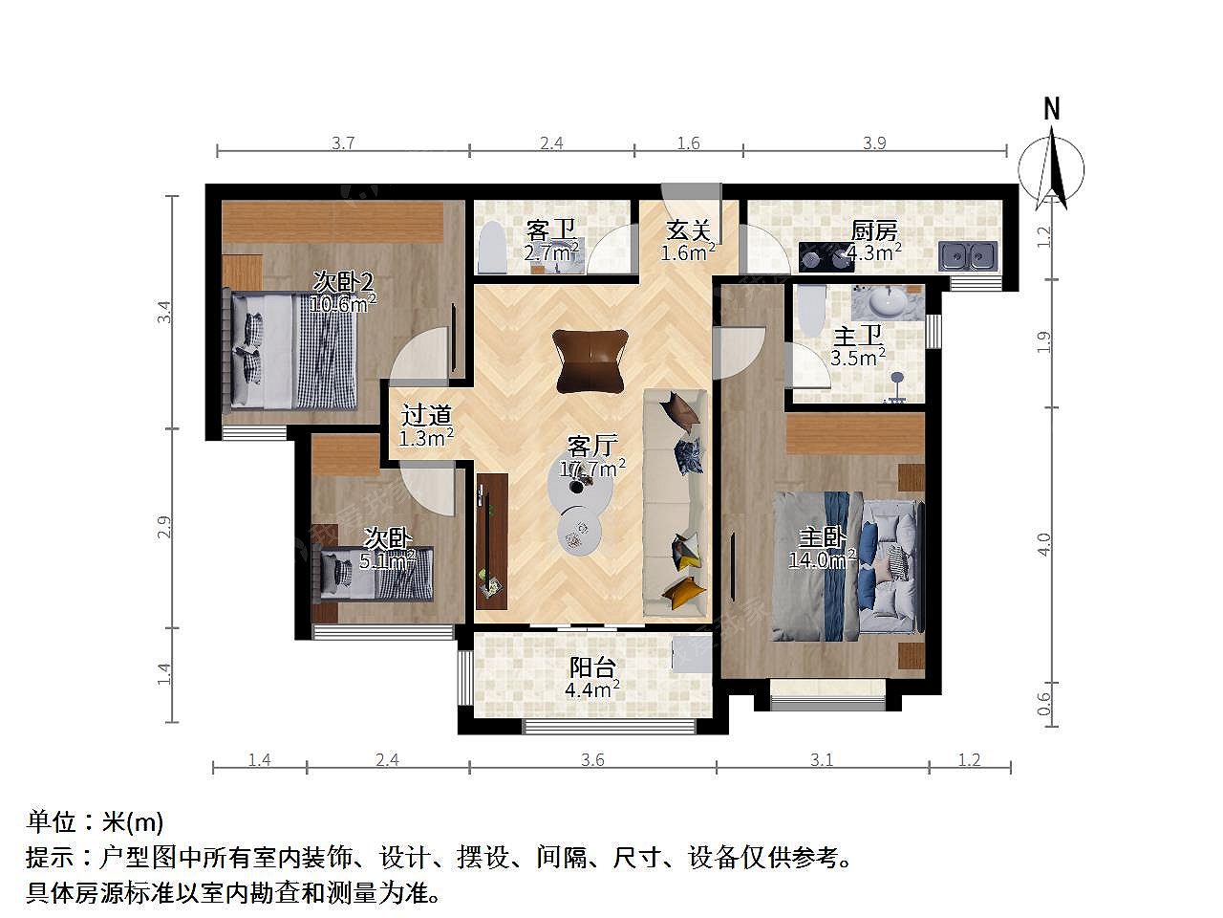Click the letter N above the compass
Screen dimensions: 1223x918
pyautogui.click(x=1051, y=109)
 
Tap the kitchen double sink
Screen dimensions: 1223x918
pyautogui.click(x=967, y=256)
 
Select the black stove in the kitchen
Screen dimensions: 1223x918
pyautogui.click(x=826, y=257)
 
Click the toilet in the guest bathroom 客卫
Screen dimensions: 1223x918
pyautogui.click(x=492, y=248)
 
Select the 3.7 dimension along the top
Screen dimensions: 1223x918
pyautogui.click(x=343, y=143)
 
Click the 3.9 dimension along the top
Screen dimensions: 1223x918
pyautogui.click(x=874, y=143)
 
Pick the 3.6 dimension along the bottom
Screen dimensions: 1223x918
pyautogui.click(x=592, y=759)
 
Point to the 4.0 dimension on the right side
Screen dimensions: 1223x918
pyautogui.click(x=1044, y=544)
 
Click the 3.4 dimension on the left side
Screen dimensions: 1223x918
pyautogui.click(x=163, y=312)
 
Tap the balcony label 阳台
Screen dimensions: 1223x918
pyautogui.click(x=592, y=667)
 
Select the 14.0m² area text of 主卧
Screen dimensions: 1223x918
pyautogui.click(x=822, y=559)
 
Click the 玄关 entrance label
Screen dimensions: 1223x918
pyautogui.click(x=689, y=229)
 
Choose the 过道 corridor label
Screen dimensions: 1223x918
pyautogui.click(x=426, y=415)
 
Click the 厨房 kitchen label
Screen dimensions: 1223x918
pyautogui.click(x=873, y=230)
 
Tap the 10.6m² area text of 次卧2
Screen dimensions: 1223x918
pyautogui.click(x=343, y=303)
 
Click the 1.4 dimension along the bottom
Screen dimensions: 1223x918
pyautogui.click(x=259, y=759)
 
